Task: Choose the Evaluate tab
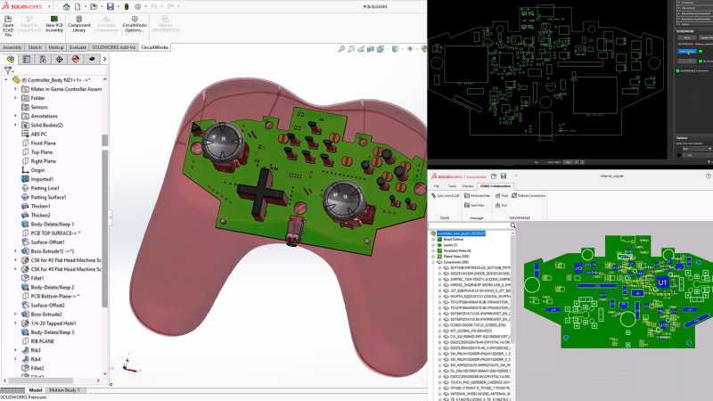point(78,47)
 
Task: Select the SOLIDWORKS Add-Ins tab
point(115,47)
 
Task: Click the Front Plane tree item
point(43,143)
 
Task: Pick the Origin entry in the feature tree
point(37,169)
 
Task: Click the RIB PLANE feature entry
point(43,340)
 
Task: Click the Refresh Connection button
point(531,195)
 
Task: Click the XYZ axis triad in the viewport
point(129,367)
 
